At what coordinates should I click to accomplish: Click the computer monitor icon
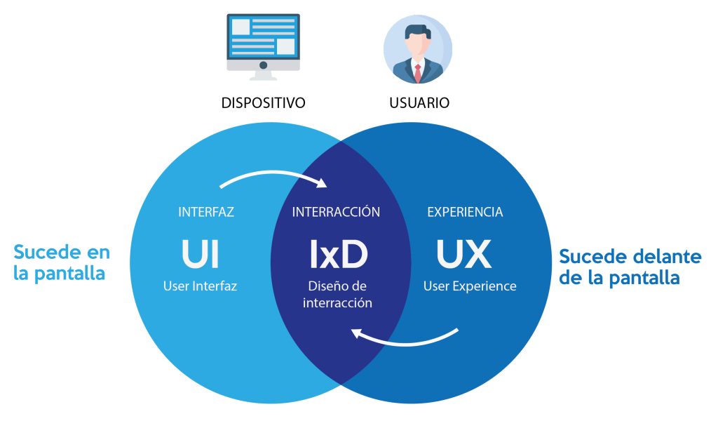[x=263, y=42]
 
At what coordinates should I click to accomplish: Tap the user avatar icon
[x=418, y=49]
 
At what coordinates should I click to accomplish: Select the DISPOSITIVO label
[x=263, y=103]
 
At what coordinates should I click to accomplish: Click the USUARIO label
[x=419, y=103]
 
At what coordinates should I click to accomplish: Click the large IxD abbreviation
[x=339, y=255]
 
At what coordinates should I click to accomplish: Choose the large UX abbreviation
[x=464, y=255]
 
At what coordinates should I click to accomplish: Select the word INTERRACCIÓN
[x=336, y=212]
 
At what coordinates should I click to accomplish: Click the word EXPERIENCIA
[x=465, y=212]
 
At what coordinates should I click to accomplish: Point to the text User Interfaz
[x=200, y=286]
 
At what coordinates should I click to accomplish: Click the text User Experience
[x=470, y=286]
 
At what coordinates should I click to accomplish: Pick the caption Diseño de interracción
[x=337, y=295]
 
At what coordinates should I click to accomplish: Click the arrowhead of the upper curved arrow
[x=323, y=184]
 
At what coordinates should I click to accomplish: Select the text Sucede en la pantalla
[x=62, y=262]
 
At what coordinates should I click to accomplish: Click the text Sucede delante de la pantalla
[x=630, y=267]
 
